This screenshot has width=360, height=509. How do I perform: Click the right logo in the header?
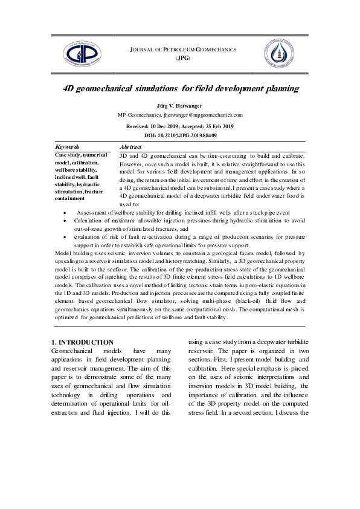278,52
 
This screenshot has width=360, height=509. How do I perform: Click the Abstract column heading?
130,147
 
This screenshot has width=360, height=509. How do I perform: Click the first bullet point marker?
65,214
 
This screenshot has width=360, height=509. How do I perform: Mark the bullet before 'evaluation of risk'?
65,238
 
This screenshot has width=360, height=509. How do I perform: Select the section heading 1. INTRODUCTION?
83,342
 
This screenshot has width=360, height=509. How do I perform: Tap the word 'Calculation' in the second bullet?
94,222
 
